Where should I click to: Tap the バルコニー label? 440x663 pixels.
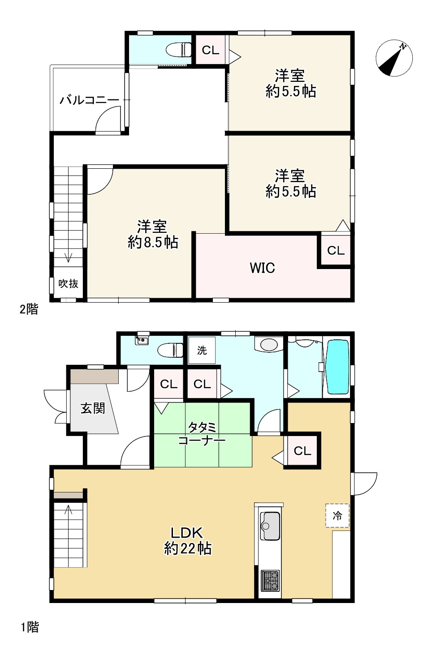pos(90,100)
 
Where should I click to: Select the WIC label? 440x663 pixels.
pos(262,268)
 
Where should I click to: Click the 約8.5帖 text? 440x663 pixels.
pos(153,242)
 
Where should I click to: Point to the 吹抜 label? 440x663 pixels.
pos(69,283)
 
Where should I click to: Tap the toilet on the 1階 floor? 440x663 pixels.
pos(171,349)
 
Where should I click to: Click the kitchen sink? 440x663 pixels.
pos(270,526)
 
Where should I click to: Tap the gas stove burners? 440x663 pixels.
pos(270,580)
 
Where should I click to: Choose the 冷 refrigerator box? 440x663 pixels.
pos(337,516)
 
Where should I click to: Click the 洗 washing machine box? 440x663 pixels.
pos(202,350)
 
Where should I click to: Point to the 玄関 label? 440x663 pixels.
pos(93,408)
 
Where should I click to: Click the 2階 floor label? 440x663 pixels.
pos(29,309)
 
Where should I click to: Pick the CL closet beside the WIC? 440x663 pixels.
pos(336,250)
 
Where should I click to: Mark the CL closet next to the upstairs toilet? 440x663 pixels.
pos(210,50)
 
